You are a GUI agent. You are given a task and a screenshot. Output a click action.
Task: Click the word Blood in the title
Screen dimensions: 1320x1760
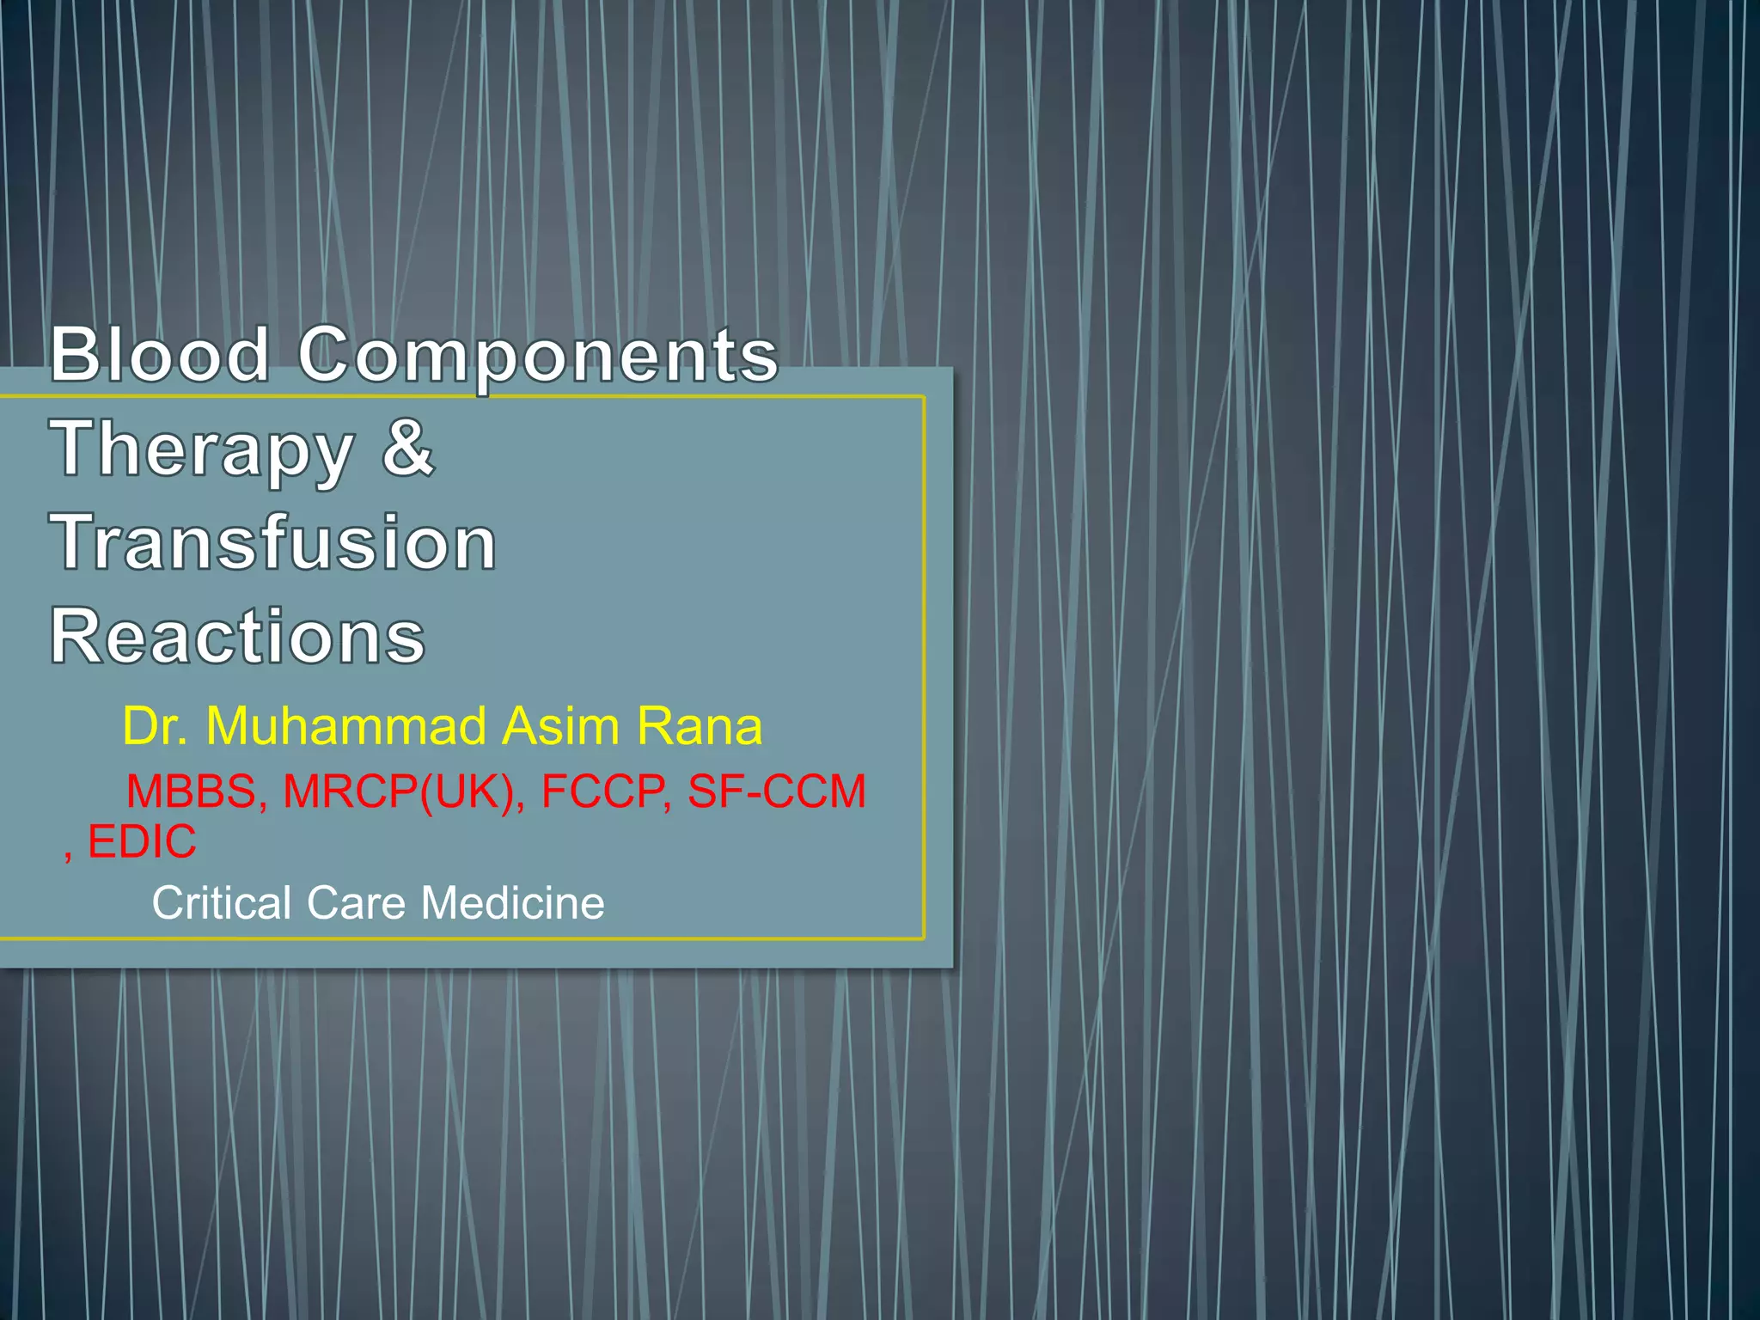tap(160, 355)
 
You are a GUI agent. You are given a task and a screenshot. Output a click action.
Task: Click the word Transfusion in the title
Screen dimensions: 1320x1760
tap(273, 543)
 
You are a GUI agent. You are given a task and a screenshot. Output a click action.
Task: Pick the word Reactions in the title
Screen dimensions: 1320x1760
tap(237, 637)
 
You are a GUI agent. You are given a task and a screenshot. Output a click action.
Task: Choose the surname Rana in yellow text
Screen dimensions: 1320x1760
tap(699, 727)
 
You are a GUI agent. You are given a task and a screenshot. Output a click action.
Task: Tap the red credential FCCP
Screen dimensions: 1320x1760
tap(606, 791)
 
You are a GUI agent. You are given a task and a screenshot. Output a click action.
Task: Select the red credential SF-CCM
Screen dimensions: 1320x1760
tap(777, 791)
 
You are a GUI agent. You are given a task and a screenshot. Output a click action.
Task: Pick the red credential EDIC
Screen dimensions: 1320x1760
tap(142, 841)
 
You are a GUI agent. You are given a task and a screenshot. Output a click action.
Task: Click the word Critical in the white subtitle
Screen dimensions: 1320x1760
tap(222, 903)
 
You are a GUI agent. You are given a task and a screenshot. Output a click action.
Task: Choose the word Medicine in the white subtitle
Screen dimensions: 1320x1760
tap(513, 903)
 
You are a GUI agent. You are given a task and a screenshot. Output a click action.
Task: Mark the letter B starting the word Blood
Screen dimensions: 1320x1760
tap(75, 355)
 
